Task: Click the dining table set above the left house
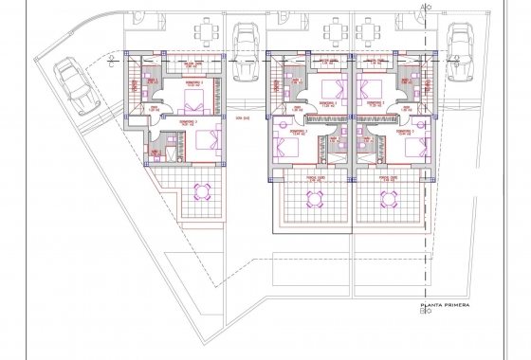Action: coord(205,33)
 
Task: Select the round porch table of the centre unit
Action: coord(315,198)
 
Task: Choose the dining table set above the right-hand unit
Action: coord(389,33)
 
